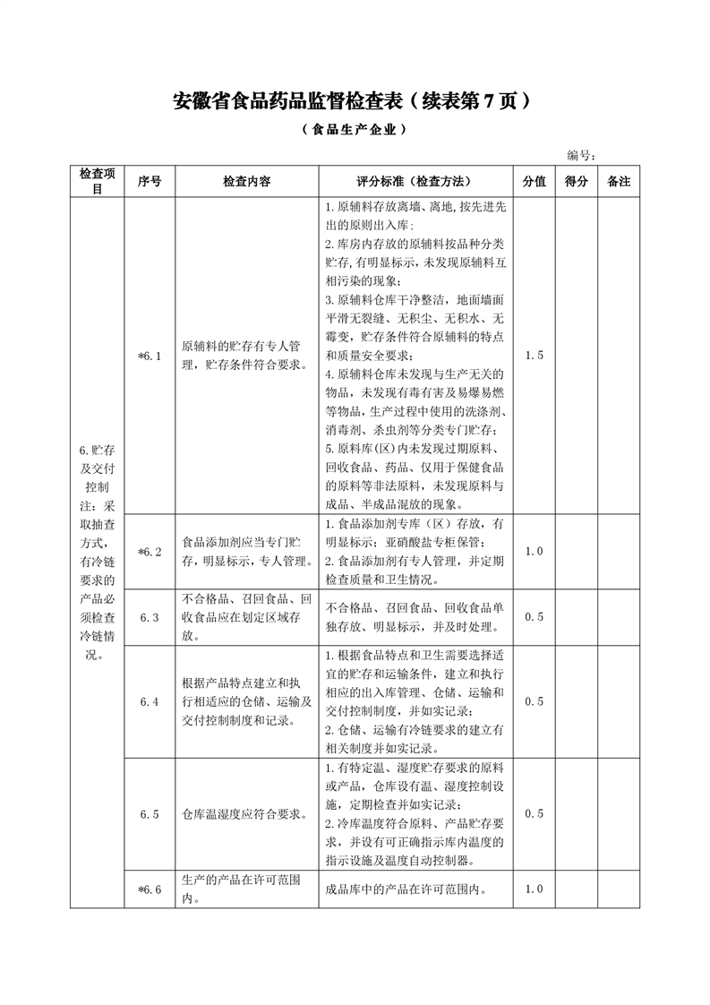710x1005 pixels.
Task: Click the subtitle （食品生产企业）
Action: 355,129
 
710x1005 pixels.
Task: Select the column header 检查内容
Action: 246,181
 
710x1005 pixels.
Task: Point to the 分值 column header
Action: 534,181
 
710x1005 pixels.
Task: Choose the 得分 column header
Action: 577,181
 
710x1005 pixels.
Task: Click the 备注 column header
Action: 619,181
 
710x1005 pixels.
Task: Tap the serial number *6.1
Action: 149,356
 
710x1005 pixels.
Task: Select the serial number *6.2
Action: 149,552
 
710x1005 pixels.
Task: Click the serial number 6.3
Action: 149,617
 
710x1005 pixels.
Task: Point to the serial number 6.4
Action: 149,701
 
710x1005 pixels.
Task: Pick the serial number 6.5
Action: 149,814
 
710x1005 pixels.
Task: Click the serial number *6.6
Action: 149,889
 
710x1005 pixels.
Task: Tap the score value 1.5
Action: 534,356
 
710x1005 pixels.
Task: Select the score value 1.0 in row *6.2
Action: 534,552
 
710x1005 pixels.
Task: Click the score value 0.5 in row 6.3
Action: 534,617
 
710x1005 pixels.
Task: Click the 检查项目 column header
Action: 97,181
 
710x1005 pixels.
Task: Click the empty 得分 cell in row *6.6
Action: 577,889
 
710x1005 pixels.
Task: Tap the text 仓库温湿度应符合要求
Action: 245,814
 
